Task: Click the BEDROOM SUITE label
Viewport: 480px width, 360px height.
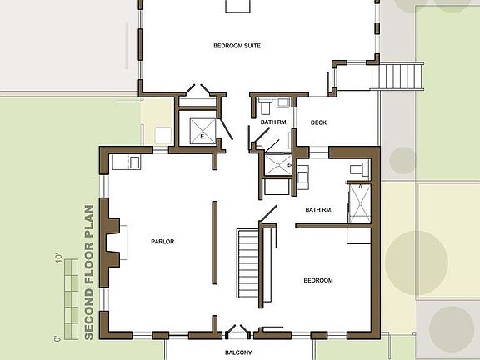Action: coord(237,46)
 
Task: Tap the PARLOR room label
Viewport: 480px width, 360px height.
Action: coord(162,242)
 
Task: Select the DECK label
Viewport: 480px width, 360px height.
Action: coord(318,122)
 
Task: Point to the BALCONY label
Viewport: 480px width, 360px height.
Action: coord(238,352)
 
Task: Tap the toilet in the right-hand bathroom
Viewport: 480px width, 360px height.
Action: coord(358,168)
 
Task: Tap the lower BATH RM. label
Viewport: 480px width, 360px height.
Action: coord(319,210)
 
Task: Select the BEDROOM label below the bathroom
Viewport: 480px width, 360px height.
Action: coord(317,281)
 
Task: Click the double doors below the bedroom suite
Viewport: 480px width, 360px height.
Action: coord(197,90)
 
